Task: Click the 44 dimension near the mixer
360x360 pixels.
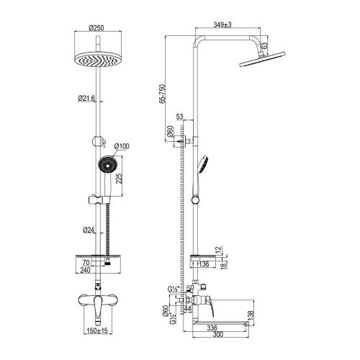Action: (189, 308)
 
